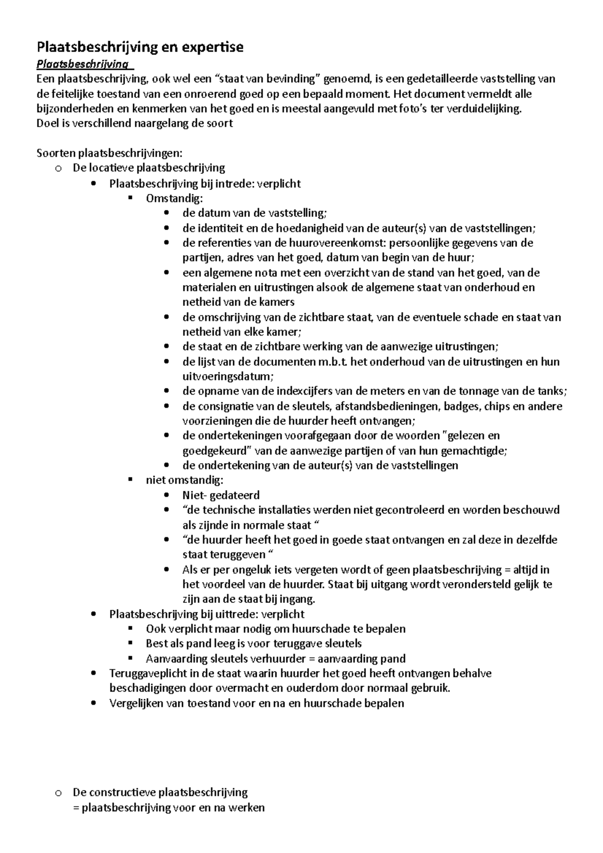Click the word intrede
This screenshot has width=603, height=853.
tap(236, 183)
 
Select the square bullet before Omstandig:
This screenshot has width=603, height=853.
tap(131, 198)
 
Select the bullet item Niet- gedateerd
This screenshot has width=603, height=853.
tap(221, 495)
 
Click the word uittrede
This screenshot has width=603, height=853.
tap(240, 614)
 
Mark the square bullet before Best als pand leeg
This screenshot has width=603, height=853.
tap(131, 643)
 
